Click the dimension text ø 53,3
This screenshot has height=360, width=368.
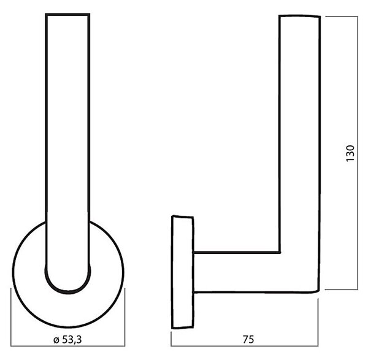(67, 340)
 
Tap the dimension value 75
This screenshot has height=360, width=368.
(248, 340)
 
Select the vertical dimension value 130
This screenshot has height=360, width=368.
(350, 153)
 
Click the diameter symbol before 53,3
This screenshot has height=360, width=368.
(56, 340)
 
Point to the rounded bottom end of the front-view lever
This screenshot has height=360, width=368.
(68, 292)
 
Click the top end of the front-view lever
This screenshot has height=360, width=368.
(67, 15)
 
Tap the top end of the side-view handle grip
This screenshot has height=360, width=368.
(299, 16)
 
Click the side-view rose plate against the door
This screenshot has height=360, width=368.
(183, 272)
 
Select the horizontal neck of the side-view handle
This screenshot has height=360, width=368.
(237, 272)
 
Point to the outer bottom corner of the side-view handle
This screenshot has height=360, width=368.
(318, 291)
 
